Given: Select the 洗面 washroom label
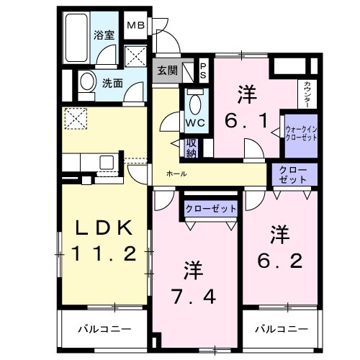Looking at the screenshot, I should click(x=111, y=84).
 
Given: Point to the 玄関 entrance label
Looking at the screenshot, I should click(x=167, y=71).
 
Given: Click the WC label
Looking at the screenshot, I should click(x=194, y=122).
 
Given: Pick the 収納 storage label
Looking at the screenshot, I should click(x=192, y=147).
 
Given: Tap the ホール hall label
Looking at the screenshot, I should click(x=176, y=174).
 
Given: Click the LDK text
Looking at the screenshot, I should click(x=104, y=228).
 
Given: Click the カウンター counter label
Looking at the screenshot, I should click(x=308, y=93).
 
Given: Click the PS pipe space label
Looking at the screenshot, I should click(x=203, y=71).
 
